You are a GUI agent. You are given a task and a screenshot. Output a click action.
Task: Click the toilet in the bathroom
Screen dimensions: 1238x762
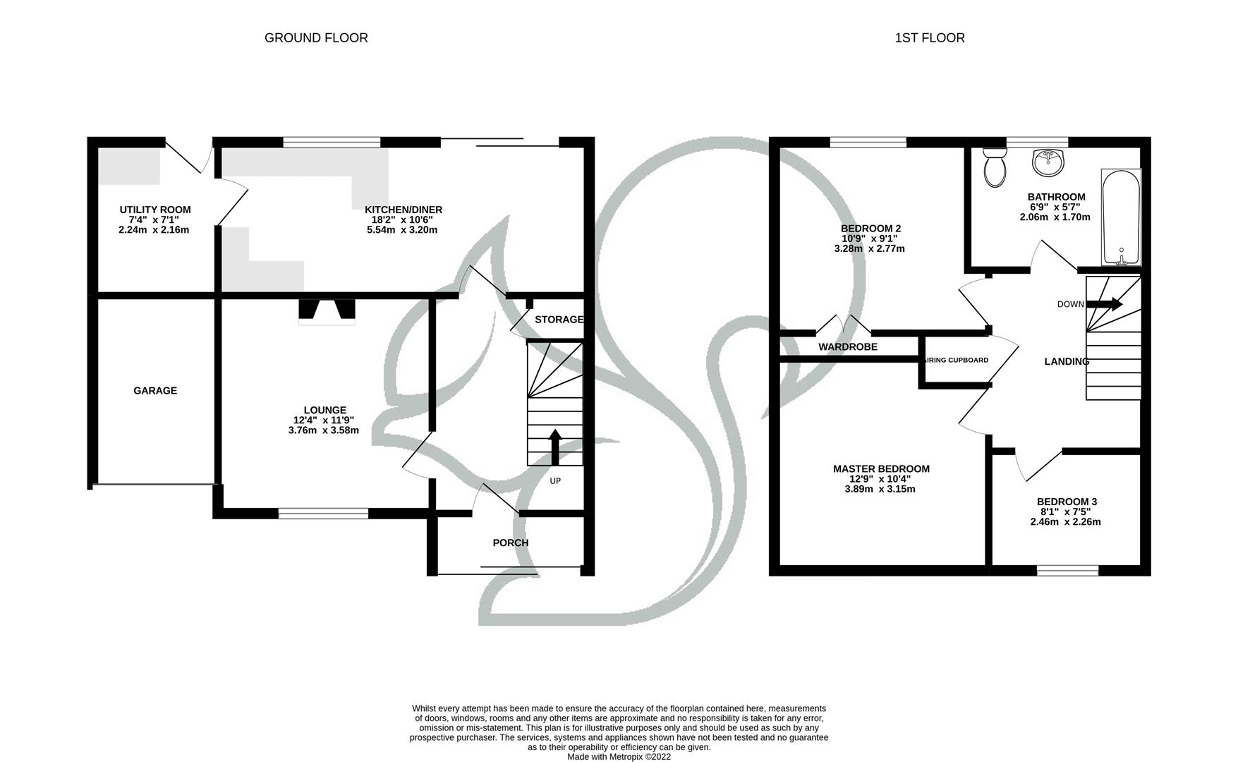tap(995, 167)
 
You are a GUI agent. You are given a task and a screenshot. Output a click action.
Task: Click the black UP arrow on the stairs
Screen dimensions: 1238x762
tap(554, 447)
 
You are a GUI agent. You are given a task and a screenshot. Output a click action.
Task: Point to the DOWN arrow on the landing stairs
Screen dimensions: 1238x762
tap(1104, 304)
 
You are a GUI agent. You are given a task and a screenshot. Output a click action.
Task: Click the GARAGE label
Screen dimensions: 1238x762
tap(155, 391)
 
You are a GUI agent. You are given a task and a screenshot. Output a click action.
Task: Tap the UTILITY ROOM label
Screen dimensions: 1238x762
tap(155, 210)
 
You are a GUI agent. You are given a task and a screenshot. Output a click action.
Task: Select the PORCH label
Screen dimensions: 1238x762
tap(510, 543)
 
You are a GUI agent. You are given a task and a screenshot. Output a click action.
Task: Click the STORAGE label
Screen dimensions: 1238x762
tap(559, 320)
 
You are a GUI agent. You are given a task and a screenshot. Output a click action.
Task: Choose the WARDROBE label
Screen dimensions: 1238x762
tap(848, 346)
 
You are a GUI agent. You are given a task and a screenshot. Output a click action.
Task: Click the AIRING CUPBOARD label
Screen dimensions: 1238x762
tap(957, 360)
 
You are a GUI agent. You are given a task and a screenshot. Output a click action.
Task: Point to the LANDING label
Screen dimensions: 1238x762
tap(1067, 361)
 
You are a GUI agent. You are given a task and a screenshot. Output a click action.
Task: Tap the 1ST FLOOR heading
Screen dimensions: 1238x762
tap(930, 38)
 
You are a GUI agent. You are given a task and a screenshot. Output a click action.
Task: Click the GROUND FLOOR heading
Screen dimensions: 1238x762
tap(316, 38)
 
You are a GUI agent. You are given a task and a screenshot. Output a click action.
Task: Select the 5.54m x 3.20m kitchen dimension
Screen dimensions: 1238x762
tap(402, 230)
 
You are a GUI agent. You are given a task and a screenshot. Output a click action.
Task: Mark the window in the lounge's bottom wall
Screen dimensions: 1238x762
tap(324, 514)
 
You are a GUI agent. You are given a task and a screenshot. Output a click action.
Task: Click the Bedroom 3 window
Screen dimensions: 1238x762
tap(1067, 570)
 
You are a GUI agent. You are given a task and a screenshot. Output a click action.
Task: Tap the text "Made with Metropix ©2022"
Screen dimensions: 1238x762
tap(619, 757)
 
